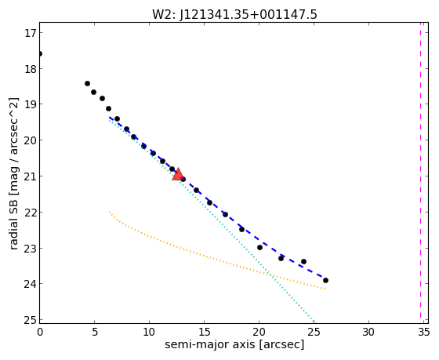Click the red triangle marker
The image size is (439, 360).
[x=178, y=175]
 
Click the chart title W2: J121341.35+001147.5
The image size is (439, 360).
[x=234, y=15]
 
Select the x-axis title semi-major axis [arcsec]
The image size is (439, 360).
[x=234, y=344]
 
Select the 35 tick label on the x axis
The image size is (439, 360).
[x=423, y=333]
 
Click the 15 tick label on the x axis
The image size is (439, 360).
[x=204, y=333]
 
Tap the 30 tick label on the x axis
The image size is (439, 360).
[x=368, y=333]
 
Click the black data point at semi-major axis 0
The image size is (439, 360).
[x=40, y=53]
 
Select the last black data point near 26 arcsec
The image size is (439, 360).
[x=325, y=280]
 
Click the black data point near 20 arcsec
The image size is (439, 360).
[x=259, y=247]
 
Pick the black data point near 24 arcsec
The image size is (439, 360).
[x=303, y=261]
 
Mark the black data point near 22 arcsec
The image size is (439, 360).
[x=281, y=258]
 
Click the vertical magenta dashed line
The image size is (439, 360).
[x=420, y=170]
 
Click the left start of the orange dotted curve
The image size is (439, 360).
[x=109, y=212]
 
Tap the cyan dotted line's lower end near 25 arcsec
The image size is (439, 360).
[x=314, y=321]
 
